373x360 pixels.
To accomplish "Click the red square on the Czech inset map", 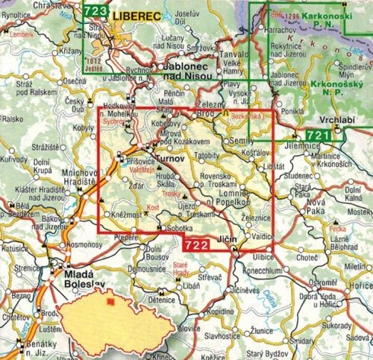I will [111, 303].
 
